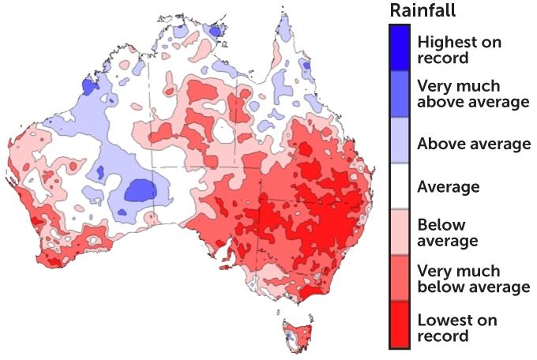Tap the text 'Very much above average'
(472, 94)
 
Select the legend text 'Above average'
(473, 144)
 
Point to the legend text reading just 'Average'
(448, 187)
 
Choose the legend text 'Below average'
(448, 232)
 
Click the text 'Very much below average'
(472, 278)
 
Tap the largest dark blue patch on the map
(140, 190)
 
